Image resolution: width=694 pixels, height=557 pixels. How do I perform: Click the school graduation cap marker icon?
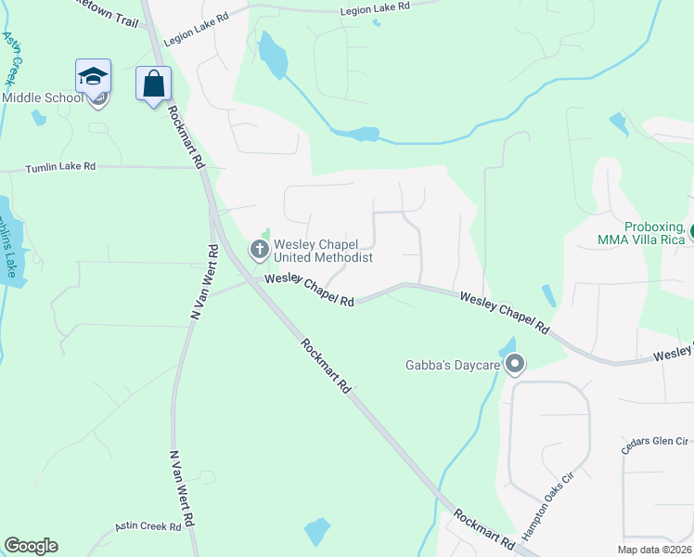coord(93,76)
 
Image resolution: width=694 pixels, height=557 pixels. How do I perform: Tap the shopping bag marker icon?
coord(153,84)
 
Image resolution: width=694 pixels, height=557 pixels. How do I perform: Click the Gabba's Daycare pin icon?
coord(515,365)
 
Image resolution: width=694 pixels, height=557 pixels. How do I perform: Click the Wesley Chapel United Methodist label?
coord(323,251)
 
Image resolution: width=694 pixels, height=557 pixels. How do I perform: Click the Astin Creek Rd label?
coord(148,526)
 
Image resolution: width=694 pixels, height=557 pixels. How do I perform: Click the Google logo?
coord(31,546)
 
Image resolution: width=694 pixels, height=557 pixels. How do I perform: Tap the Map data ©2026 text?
coord(655,550)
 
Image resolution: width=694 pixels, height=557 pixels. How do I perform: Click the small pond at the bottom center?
coord(316,532)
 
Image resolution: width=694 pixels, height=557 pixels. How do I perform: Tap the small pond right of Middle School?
coord(37,118)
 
